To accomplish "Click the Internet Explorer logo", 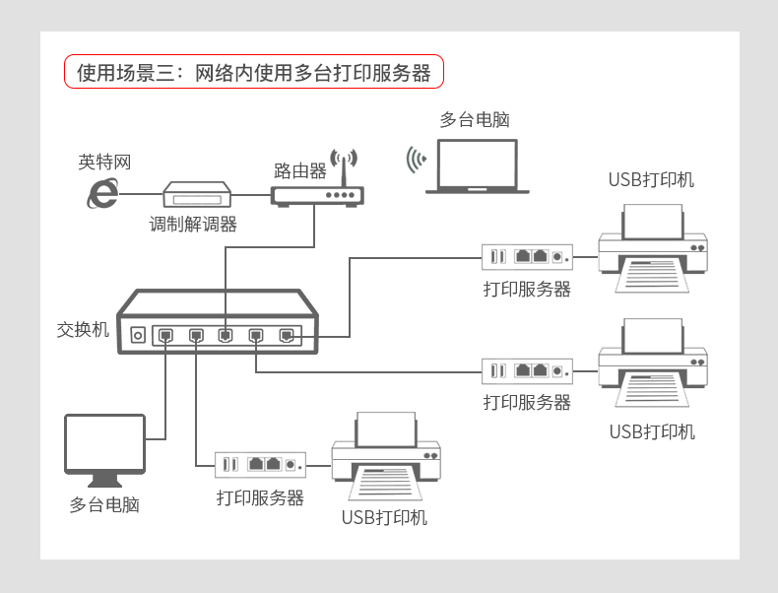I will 100,193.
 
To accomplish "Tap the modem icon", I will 196,193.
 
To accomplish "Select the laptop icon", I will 478,166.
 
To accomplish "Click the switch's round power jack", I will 138,336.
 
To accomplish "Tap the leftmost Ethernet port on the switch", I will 166,335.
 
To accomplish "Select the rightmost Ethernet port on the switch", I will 286,335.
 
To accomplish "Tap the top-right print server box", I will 527,257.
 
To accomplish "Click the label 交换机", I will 83,330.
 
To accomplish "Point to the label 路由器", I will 300,170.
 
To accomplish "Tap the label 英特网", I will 104,162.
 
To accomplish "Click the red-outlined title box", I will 254,73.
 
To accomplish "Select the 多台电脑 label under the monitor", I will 104,505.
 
